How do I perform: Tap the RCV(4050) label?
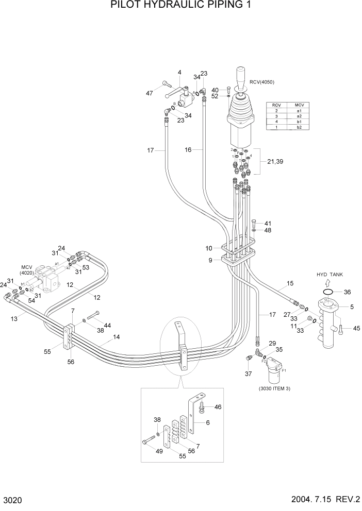click(x=261, y=82)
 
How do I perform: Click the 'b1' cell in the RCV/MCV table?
click(x=299, y=122)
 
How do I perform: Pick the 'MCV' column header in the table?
click(x=299, y=105)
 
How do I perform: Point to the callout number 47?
click(x=150, y=93)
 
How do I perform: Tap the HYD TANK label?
click(x=330, y=275)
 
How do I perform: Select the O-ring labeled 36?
click(x=326, y=292)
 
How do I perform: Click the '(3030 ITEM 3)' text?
click(x=274, y=388)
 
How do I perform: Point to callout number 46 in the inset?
click(x=218, y=407)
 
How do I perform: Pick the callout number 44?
click(x=107, y=325)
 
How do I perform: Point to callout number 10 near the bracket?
click(x=209, y=249)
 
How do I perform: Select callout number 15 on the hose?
click(x=290, y=283)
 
